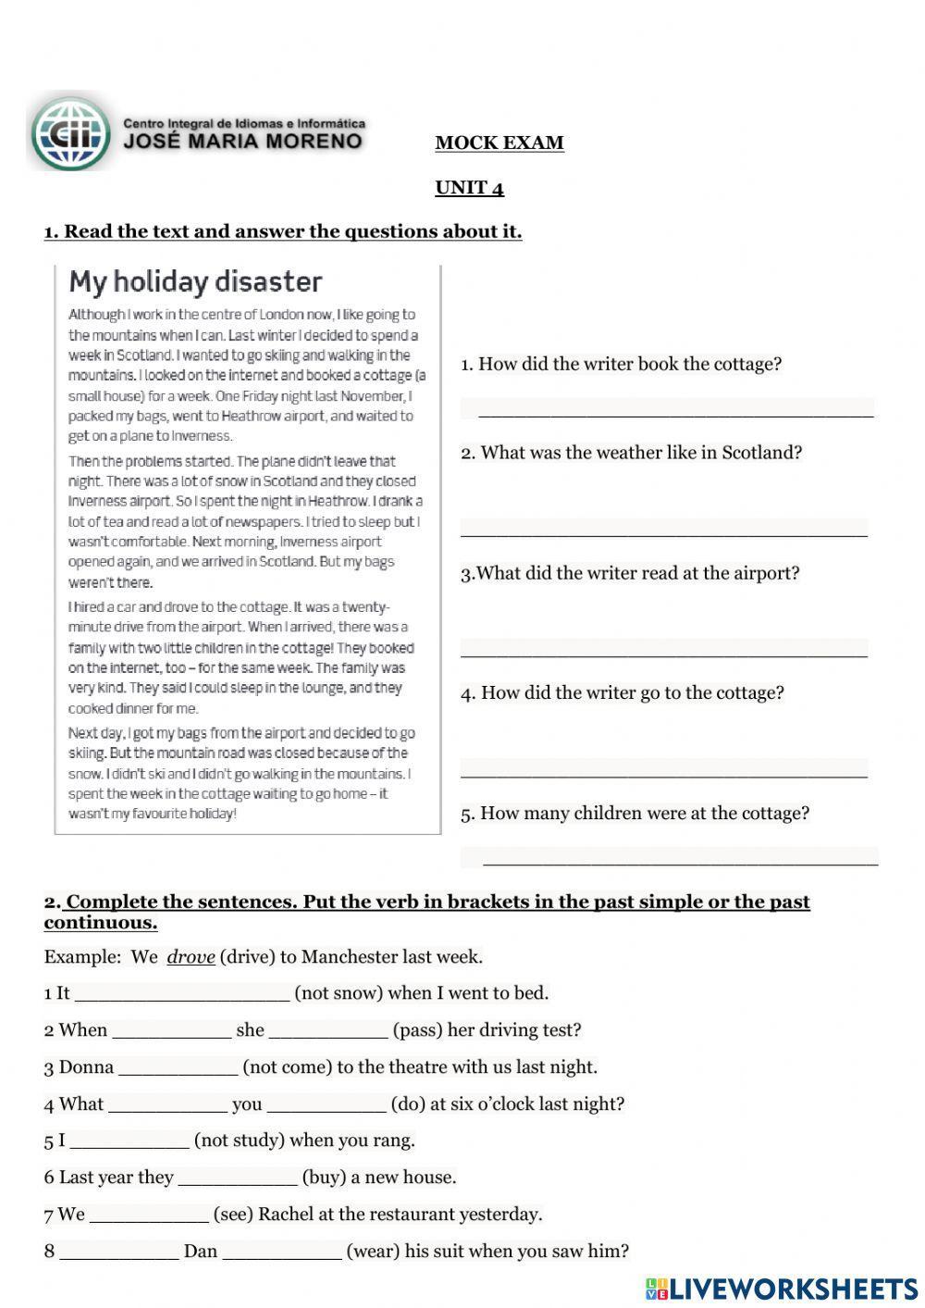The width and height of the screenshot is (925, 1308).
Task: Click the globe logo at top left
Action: pyautogui.click(x=70, y=133)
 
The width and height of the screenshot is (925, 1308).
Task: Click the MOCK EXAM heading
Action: pyautogui.click(x=499, y=143)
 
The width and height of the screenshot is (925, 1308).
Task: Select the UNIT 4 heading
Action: pyautogui.click(x=469, y=188)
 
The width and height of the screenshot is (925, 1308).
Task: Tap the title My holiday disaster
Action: pyautogui.click(x=195, y=281)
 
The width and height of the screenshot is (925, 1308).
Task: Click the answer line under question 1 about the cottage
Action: pyautogui.click(x=667, y=409)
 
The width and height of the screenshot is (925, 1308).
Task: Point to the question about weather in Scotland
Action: pyautogui.click(x=632, y=453)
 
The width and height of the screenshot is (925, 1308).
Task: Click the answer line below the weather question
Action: pyautogui.click(x=663, y=529)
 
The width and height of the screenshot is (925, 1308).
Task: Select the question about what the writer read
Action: pyautogui.click(x=630, y=573)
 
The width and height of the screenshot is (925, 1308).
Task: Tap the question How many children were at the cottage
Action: pyautogui.click(x=635, y=814)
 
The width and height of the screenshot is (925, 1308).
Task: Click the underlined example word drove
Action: pyautogui.click(x=191, y=957)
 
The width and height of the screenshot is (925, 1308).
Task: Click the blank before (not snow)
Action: pyautogui.click(x=181, y=994)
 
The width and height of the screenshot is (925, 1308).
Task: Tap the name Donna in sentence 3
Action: pyautogui.click(x=86, y=1067)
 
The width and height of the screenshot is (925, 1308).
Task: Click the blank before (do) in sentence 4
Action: pyautogui.click(x=326, y=1105)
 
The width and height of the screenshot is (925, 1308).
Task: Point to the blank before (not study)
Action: pyautogui.click(x=129, y=1141)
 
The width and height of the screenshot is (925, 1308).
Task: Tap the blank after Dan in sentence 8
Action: pyautogui.click(x=282, y=1252)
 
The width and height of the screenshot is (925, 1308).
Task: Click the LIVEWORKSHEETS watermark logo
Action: pyautogui.click(x=782, y=1289)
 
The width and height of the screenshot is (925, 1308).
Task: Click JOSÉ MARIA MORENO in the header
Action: pyautogui.click(x=243, y=142)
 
